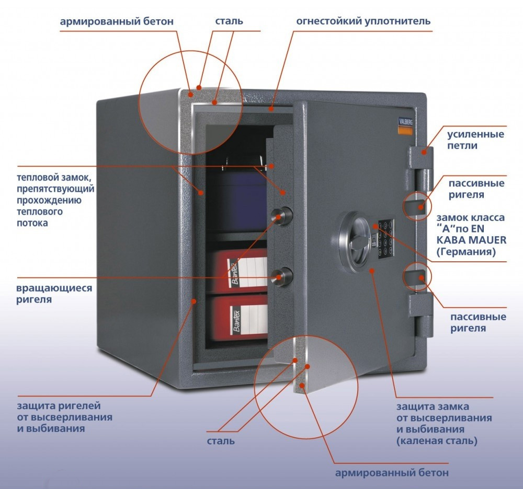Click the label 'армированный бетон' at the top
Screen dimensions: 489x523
(116, 21)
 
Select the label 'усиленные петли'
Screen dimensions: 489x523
(475, 140)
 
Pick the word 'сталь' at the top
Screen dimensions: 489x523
(229, 21)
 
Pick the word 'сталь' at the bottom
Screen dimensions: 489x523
(221, 441)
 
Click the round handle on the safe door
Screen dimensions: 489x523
(356, 238)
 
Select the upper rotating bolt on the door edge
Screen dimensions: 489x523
(282, 214)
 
